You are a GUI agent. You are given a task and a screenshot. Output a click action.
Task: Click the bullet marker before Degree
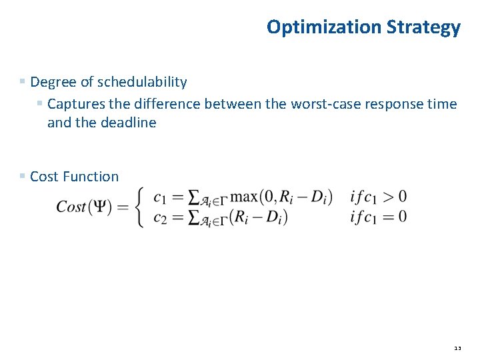tap(23, 81)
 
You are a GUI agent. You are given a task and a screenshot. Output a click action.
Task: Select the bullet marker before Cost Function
tap(23, 176)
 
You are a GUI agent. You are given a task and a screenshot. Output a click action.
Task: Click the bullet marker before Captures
tap(40, 103)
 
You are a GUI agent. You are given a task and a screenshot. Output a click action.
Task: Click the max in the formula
tap(245, 197)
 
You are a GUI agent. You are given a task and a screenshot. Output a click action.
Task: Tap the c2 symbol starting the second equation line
tap(160, 218)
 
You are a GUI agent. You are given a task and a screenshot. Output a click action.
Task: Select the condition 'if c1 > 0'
tap(378, 197)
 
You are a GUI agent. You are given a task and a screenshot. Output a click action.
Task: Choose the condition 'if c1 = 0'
tap(378, 217)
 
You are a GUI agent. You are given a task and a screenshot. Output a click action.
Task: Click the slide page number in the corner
tap(457, 348)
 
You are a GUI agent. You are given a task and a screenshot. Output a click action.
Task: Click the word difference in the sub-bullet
tap(169, 104)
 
